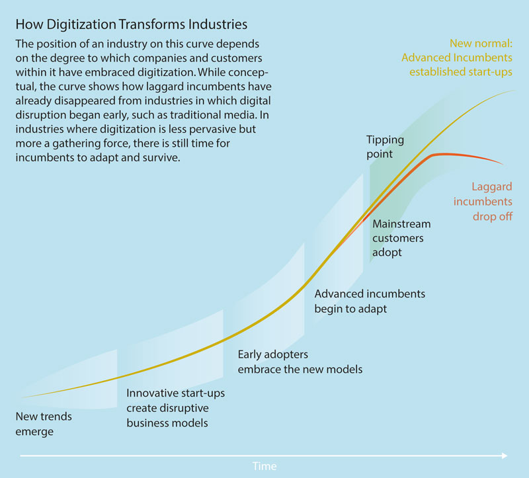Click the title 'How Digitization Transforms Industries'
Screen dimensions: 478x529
pyautogui.click(x=131, y=25)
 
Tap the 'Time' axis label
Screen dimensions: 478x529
pyautogui.click(x=264, y=466)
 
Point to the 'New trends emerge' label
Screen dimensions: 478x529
pyautogui.click(x=44, y=424)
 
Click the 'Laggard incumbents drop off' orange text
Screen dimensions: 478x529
pyautogui.click(x=483, y=201)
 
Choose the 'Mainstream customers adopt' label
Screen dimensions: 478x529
pyautogui.click(x=401, y=238)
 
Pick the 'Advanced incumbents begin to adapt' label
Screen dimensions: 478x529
pyautogui.click(x=370, y=301)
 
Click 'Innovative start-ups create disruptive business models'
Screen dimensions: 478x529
pyautogui.click(x=175, y=408)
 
